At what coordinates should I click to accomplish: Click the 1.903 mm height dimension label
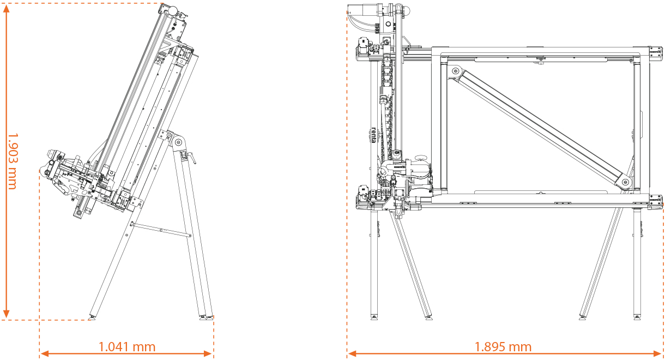point(11,161)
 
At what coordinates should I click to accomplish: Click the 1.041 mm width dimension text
point(126,347)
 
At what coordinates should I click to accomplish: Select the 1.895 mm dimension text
point(503,347)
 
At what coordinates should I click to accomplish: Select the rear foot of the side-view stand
point(207,316)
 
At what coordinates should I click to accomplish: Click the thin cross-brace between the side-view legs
point(161,230)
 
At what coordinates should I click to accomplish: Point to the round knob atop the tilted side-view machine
point(170,9)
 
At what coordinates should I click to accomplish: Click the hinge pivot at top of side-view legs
point(178,143)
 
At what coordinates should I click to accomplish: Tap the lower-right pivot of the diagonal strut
point(625,181)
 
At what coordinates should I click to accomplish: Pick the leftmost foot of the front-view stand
point(374,316)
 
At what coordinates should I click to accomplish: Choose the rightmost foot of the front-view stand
point(637,316)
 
